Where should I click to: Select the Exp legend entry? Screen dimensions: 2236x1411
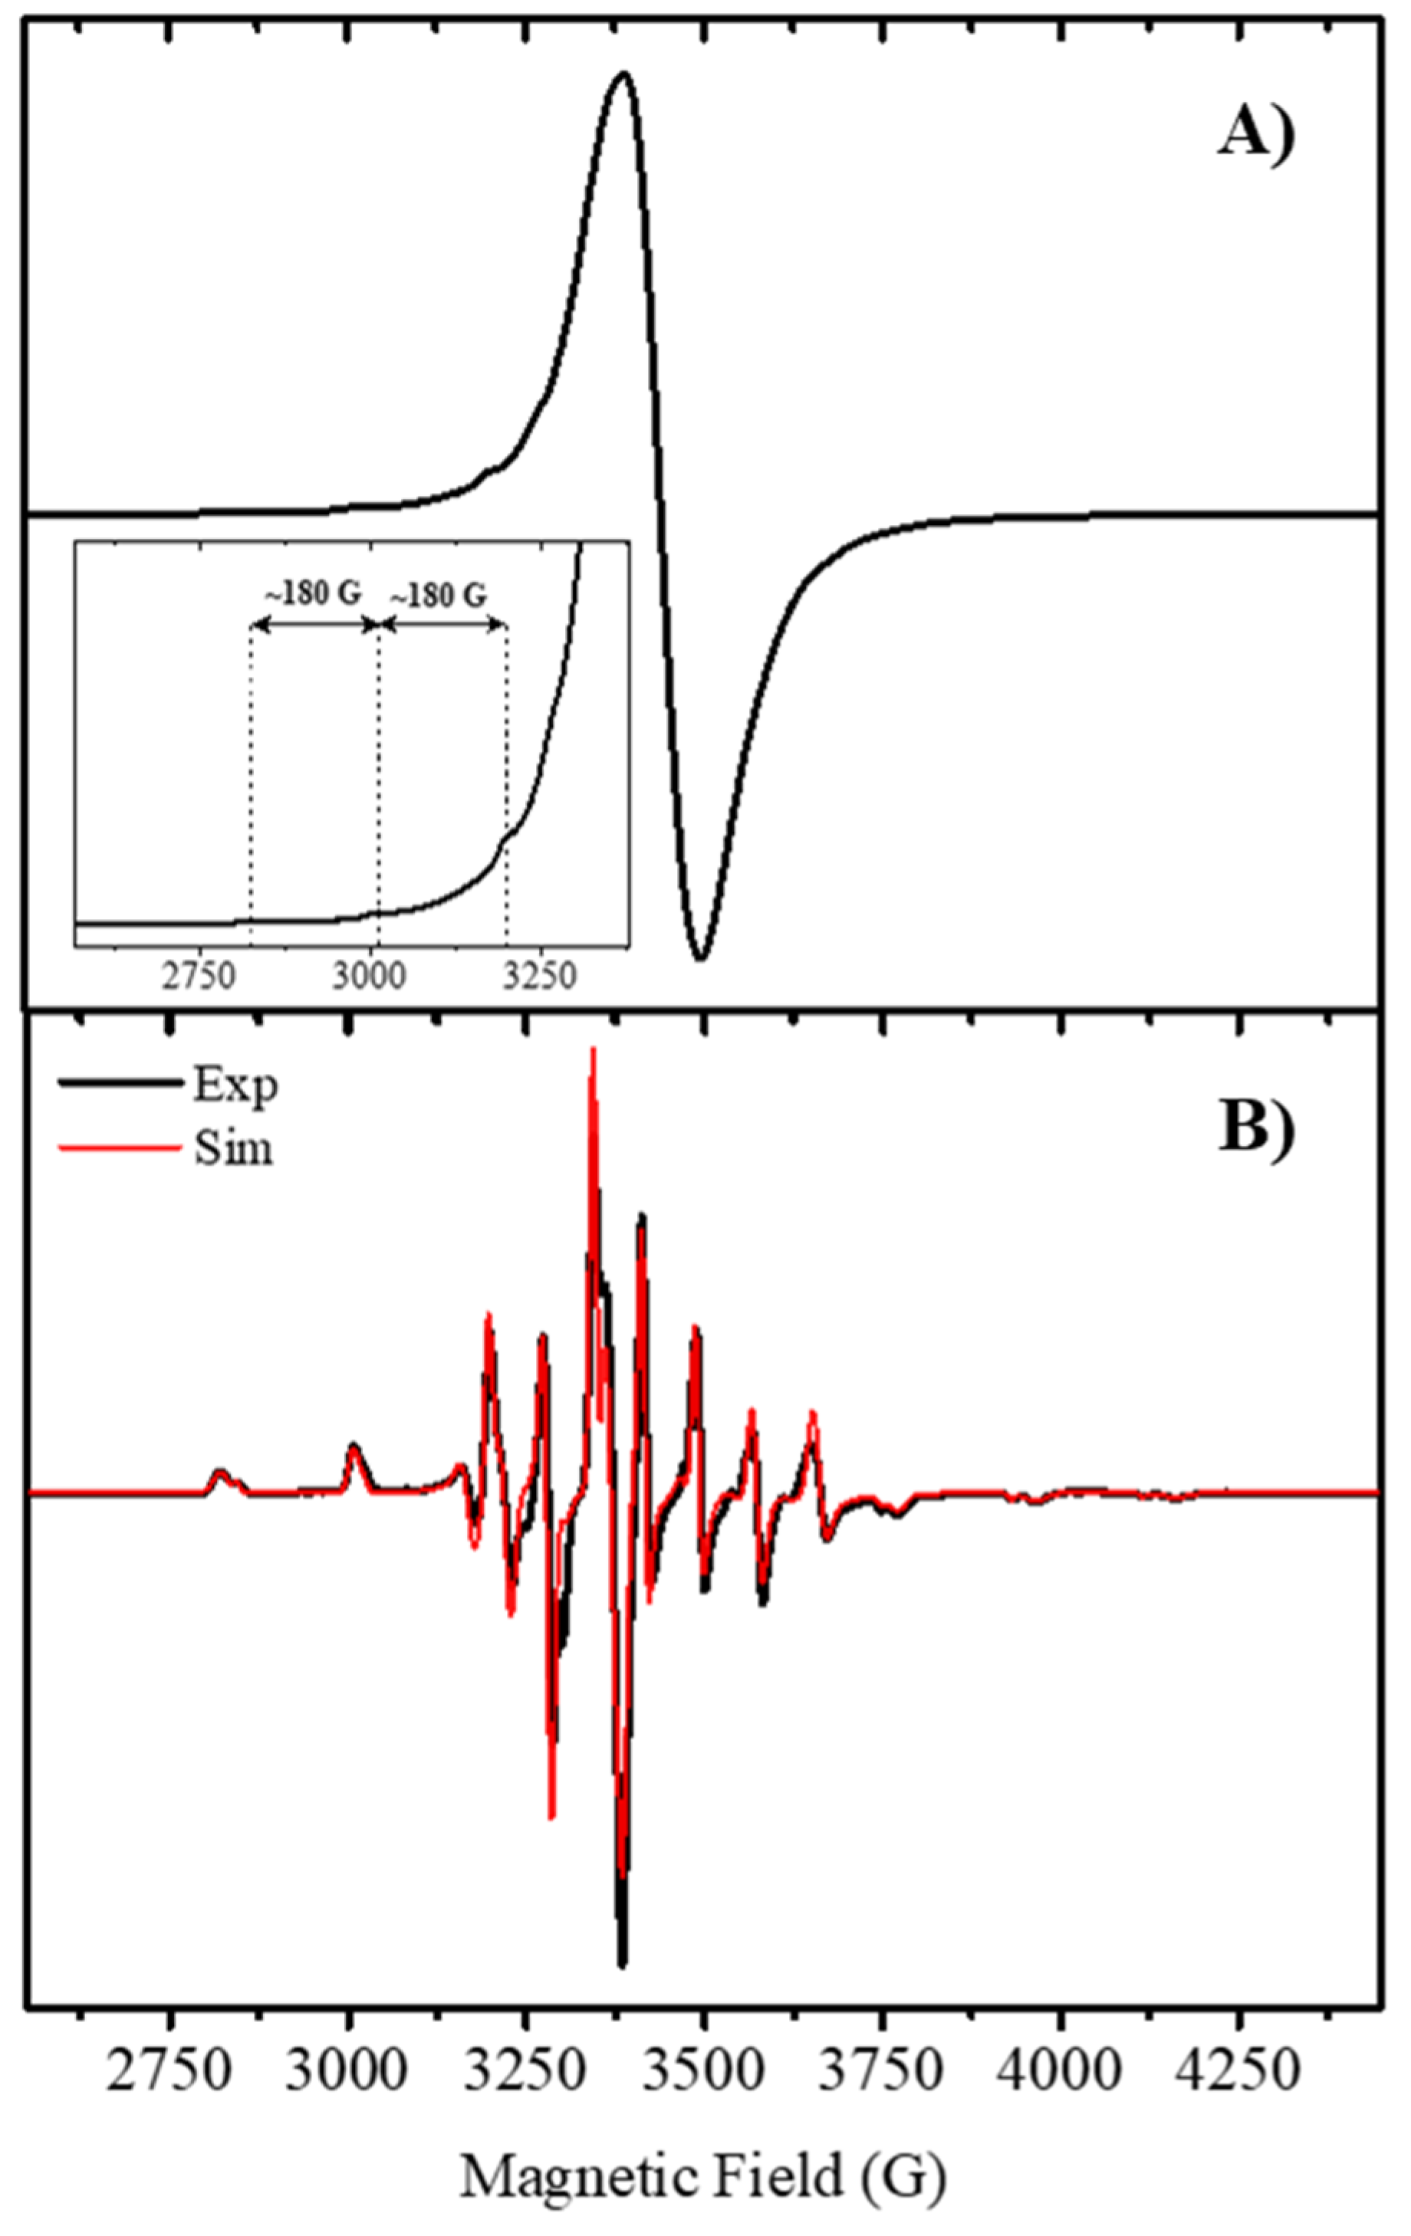click(235, 1085)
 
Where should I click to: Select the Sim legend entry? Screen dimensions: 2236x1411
click(232, 1148)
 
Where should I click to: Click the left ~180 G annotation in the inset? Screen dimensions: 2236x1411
click(313, 593)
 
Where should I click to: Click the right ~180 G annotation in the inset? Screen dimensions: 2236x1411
click(439, 593)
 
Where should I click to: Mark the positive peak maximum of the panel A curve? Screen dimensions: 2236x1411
click(623, 74)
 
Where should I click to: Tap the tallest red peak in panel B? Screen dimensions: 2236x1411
click(593, 1049)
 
